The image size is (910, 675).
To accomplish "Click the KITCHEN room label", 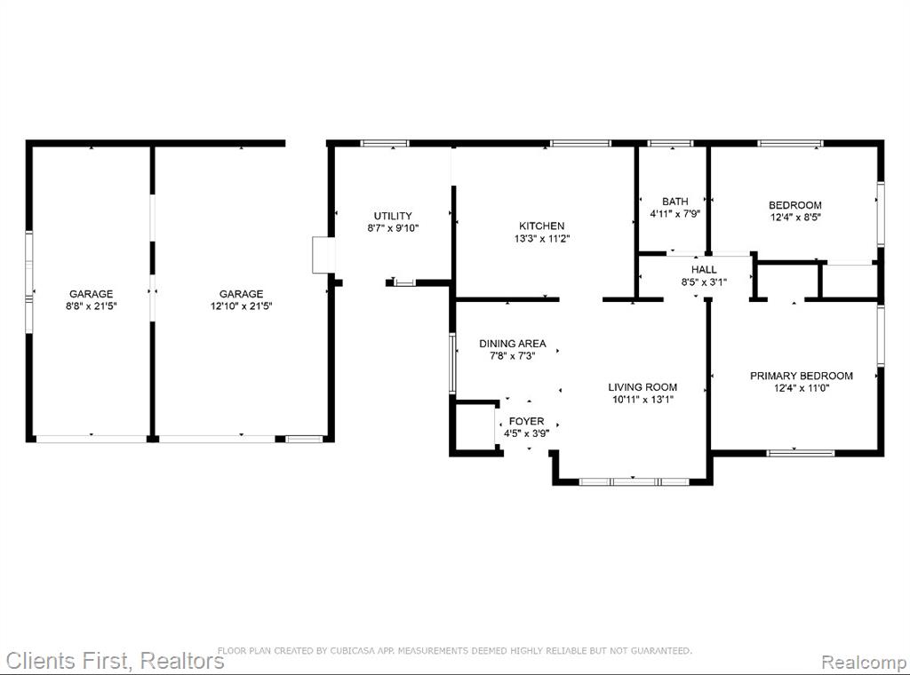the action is click(x=541, y=226).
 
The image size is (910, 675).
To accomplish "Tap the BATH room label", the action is click(x=675, y=202).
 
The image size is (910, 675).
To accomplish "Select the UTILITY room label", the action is click(x=393, y=216).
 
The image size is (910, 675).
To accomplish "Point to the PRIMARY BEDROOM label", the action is click(x=802, y=376).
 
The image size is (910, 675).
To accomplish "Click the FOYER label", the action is click(x=526, y=421).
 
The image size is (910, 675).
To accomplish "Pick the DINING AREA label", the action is click(x=513, y=344).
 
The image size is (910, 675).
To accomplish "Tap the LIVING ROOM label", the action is click(x=643, y=386).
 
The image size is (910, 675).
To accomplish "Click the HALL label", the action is click(x=704, y=270).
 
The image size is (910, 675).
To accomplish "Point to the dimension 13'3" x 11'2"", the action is click(x=542, y=238).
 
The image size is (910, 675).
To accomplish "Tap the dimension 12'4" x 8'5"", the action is click(x=795, y=218).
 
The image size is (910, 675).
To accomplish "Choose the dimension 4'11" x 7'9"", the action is click(x=675, y=213).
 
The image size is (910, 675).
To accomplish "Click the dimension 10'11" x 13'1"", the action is click(x=643, y=400).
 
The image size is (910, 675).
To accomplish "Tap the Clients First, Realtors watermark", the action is click(x=115, y=661).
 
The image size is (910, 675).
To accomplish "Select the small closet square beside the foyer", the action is click(x=475, y=425).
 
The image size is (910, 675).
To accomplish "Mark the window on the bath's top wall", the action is click(x=670, y=143).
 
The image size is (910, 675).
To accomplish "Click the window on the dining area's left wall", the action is click(x=452, y=363).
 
